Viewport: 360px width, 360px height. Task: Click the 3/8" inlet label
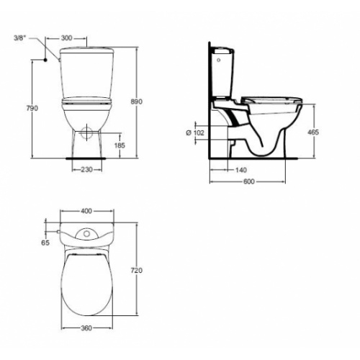(20, 37)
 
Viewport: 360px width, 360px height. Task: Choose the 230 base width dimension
(86, 170)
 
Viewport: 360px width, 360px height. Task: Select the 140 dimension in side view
(241, 170)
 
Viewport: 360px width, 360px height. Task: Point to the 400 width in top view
(86, 212)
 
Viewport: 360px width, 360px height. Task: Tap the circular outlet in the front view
(86, 132)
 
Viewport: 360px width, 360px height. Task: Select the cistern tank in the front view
(86, 72)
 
